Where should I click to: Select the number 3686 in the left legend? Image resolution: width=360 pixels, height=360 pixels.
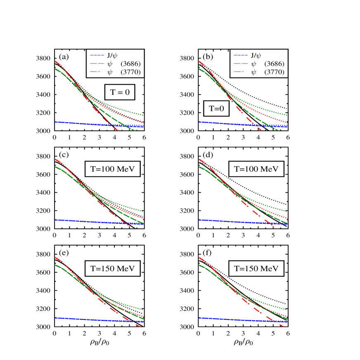pos(130,64)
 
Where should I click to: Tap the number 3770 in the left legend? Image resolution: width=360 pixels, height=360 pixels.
pos(130,72)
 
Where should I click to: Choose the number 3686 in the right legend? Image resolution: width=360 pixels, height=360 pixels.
pos(274,64)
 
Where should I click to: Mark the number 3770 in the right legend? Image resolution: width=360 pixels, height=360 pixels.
pos(274,72)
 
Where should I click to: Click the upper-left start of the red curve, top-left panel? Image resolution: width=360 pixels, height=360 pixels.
pos(55,62)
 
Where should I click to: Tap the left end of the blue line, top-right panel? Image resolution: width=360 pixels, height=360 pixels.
pos(199,122)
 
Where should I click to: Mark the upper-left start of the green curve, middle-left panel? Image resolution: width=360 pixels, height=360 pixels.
pos(55,167)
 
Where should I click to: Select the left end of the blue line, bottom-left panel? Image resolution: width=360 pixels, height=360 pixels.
pos(55,318)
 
